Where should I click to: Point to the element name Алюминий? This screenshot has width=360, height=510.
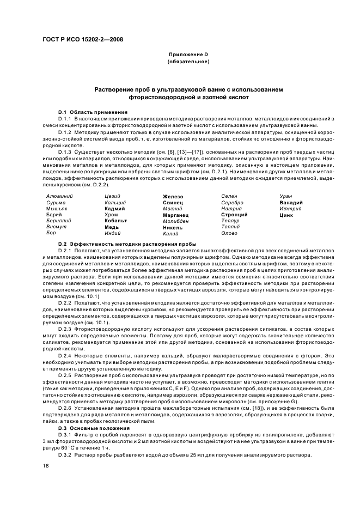click(x=60, y=196)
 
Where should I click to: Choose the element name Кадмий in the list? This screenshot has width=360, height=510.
click(x=114, y=209)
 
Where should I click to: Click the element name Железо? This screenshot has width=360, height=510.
click(x=173, y=196)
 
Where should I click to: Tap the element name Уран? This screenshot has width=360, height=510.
click(x=286, y=196)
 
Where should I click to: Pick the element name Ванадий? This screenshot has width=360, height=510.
click(x=291, y=203)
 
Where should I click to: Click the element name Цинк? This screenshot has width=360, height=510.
click(x=286, y=215)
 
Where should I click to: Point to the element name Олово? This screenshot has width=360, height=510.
click(x=229, y=233)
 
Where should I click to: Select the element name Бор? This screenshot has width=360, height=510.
click(x=51, y=233)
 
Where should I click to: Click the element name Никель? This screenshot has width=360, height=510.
click(x=173, y=227)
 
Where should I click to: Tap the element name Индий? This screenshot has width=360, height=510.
click(x=113, y=233)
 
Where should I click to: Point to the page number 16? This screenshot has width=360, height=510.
click(x=46, y=466)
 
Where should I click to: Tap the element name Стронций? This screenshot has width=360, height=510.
click(x=234, y=215)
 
